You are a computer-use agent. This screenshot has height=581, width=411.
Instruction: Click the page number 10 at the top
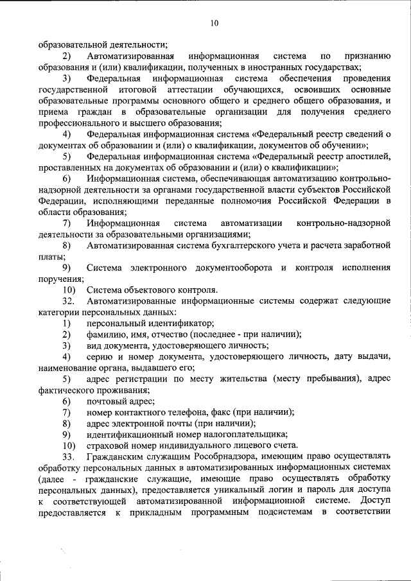coord(214,24)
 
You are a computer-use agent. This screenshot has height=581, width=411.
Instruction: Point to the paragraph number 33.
coord(69,456)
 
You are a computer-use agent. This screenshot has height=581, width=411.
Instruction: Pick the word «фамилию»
coord(106,334)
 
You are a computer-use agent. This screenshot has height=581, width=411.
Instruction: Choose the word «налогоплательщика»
coord(241,434)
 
